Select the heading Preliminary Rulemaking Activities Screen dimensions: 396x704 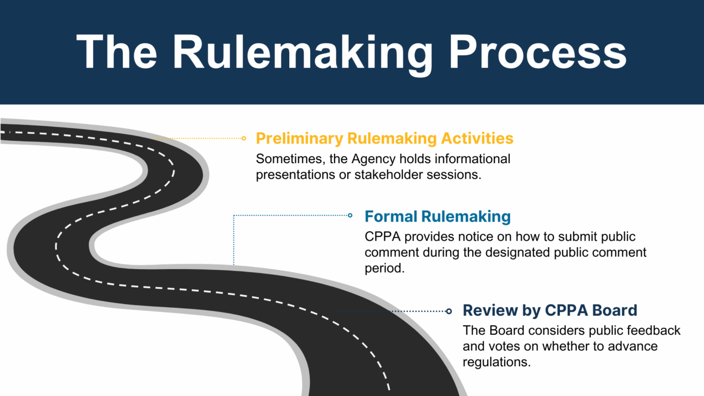pos(384,138)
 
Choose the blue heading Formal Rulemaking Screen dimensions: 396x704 pos(438,217)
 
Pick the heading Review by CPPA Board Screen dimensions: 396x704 pos(550,310)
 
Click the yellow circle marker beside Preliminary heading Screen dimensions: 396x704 pos(244,138)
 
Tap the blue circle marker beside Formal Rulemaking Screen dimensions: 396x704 pos(350,215)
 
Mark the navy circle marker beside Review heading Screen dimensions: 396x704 pos(448,311)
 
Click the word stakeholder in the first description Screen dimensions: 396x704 pos(387,175)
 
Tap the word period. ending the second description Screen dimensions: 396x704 pos(384,268)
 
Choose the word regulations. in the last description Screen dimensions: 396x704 pos(497,362)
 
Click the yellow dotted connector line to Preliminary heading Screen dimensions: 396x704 pos(200,138)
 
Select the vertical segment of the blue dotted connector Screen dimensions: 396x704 pos(233,241)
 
